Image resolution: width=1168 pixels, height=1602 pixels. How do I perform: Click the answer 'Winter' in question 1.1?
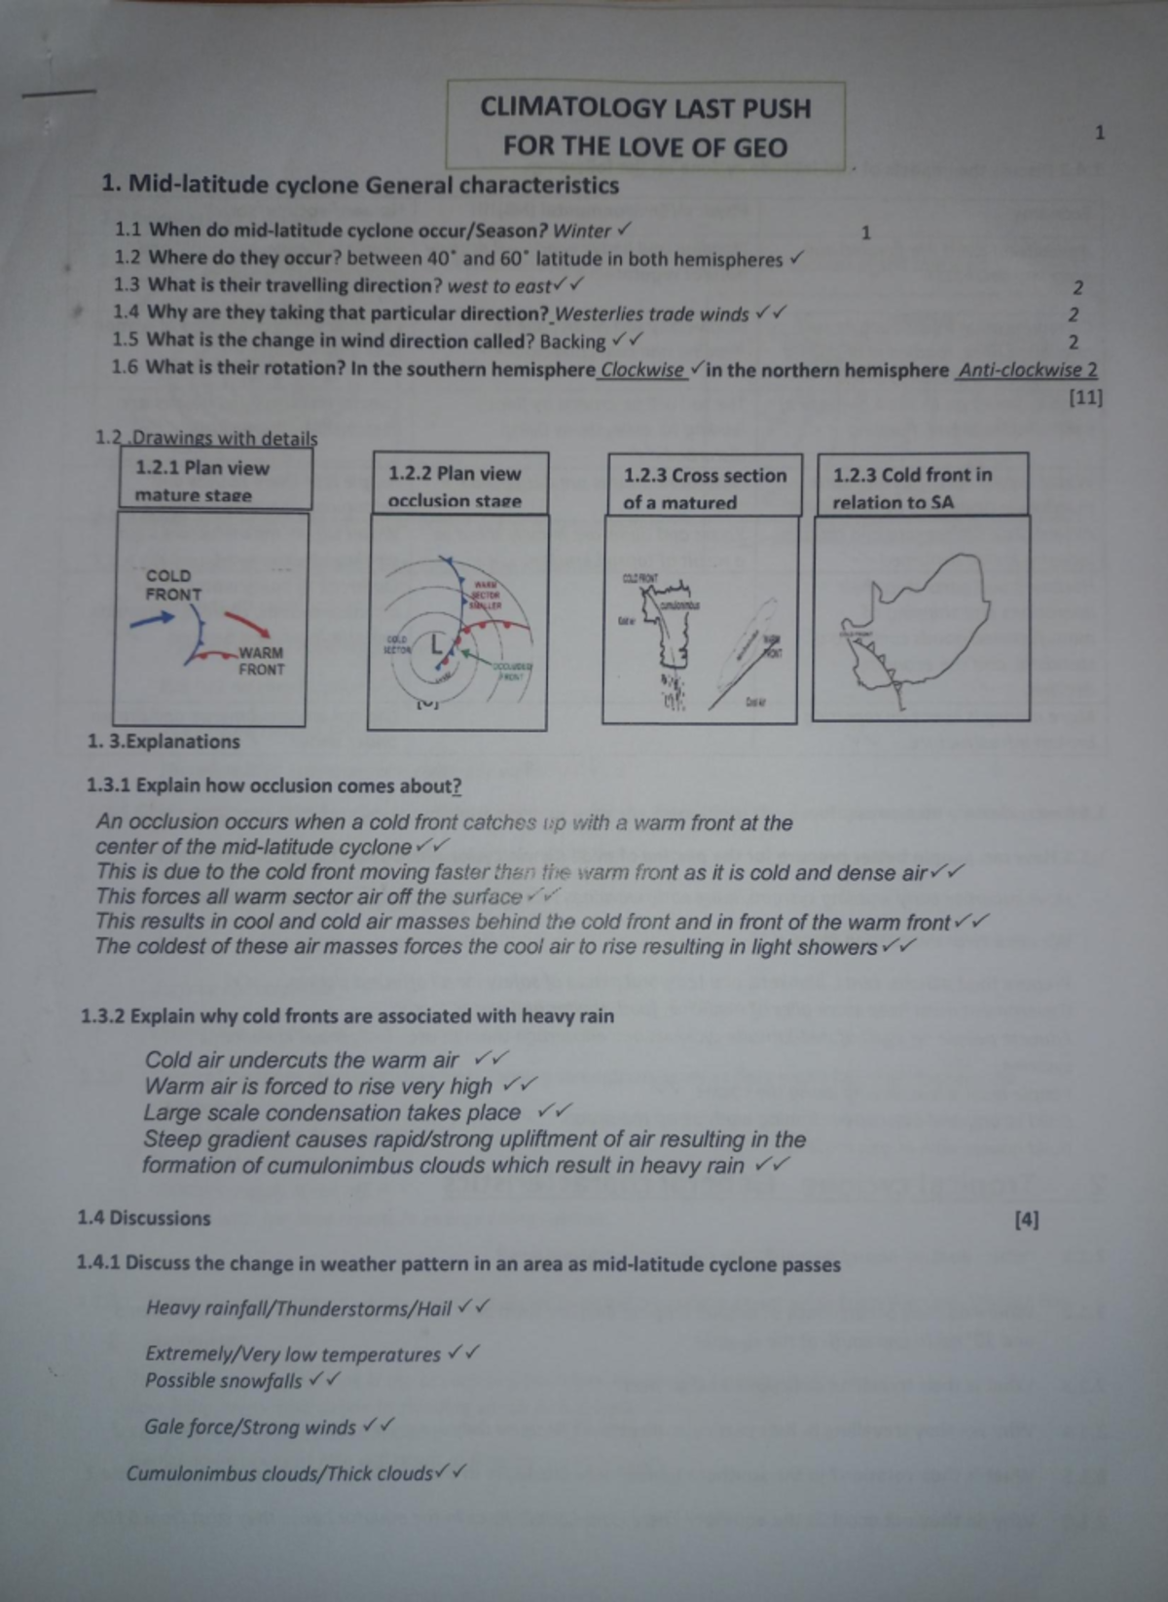581,232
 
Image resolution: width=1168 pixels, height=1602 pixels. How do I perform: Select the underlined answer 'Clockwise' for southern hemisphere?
642,370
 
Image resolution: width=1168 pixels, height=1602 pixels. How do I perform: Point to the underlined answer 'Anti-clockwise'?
1020,371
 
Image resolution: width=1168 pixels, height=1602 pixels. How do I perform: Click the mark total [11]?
1085,397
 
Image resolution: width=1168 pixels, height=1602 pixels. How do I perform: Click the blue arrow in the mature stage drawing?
153,619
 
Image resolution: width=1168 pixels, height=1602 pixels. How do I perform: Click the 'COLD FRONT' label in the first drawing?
173,585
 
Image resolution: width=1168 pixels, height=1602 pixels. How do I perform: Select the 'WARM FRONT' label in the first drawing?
261,661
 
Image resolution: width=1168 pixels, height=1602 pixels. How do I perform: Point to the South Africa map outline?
920,618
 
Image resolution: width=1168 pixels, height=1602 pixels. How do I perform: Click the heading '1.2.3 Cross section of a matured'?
704,488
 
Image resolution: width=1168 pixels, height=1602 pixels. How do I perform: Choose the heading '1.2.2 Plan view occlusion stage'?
455,487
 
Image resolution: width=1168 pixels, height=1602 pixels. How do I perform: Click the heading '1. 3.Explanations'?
164,742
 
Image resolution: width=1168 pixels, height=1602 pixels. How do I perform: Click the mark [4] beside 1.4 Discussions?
1026,1220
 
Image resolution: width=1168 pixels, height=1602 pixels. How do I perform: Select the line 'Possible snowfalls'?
224,1381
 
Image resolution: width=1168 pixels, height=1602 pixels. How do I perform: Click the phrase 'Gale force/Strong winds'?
250,1428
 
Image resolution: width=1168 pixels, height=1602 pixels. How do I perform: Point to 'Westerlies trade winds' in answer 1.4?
651,314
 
